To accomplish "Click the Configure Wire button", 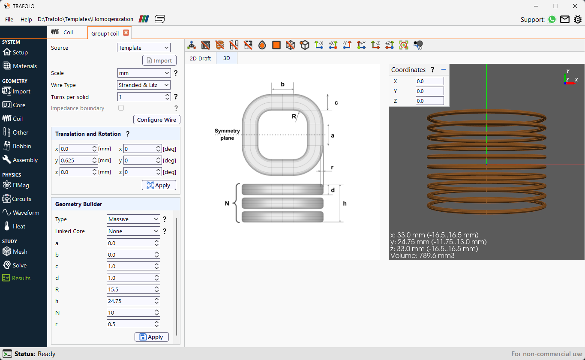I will (x=156, y=120).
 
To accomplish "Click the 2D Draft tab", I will (x=200, y=58).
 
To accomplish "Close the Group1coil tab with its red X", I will (x=126, y=33).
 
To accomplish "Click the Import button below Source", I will (x=159, y=60).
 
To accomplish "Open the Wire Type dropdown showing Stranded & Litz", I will (x=143, y=85).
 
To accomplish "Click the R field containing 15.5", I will (x=130, y=289).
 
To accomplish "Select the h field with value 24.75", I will (x=130, y=301).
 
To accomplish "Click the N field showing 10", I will (x=130, y=312).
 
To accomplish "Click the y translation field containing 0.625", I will (x=75, y=160).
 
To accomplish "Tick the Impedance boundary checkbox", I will (x=121, y=108).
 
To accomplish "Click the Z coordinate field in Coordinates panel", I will (x=429, y=101).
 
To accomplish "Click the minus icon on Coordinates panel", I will (x=444, y=69).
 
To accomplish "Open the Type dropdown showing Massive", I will (x=133, y=219).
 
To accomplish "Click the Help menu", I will (x=26, y=19).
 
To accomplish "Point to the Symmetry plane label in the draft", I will (x=227, y=134).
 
